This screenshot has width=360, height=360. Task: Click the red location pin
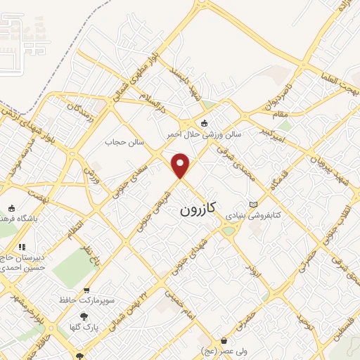click(x=181, y=165)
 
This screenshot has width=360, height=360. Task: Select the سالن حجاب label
click(x=124, y=143)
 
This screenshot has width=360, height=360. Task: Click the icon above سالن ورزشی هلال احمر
click(x=204, y=124)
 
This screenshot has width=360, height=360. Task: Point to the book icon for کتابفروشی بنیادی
click(x=253, y=205)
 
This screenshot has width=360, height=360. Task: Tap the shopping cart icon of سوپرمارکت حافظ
click(x=86, y=290)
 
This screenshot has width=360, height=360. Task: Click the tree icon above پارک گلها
click(x=84, y=316)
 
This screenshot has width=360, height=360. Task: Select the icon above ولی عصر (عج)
click(x=224, y=340)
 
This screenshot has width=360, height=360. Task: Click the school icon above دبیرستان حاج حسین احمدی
click(x=22, y=247)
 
